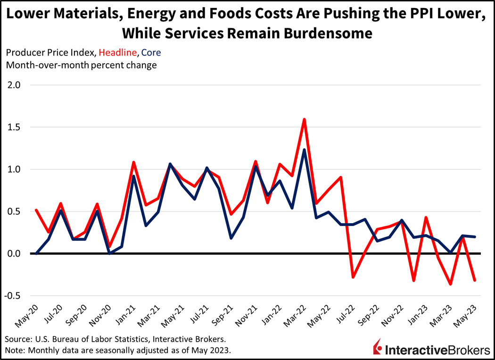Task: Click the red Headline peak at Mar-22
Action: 304,119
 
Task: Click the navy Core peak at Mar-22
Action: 304,150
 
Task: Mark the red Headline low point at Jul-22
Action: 353,277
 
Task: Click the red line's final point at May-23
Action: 475,280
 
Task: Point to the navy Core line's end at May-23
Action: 475,237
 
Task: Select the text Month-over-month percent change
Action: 81,65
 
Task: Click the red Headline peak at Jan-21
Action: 134,162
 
